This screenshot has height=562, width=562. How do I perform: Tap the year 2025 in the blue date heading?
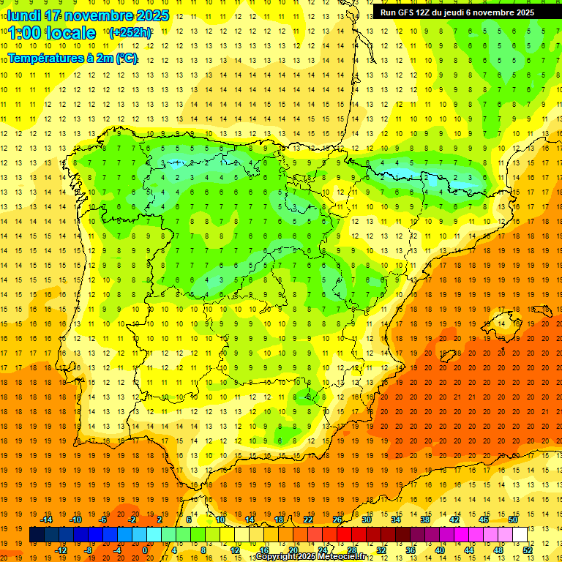click(x=151, y=15)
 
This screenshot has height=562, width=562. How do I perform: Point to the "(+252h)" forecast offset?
click(x=130, y=33)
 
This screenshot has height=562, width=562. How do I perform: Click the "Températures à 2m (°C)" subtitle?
click(x=72, y=58)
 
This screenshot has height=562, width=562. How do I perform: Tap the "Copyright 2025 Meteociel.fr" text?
click(x=310, y=557)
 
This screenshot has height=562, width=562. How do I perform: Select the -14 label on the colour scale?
click(x=50, y=520)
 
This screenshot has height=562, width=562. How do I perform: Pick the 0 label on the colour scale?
click(x=144, y=550)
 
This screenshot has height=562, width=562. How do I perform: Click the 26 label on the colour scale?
click(x=337, y=520)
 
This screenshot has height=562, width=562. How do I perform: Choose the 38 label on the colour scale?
click(x=425, y=520)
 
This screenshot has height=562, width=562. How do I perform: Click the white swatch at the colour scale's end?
click(x=520, y=534)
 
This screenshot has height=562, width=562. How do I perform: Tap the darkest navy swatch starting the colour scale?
click(x=37, y=534)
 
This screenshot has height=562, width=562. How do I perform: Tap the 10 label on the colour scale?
click(x=220, y=520)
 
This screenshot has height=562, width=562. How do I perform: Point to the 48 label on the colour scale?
click(x=498, y=550)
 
